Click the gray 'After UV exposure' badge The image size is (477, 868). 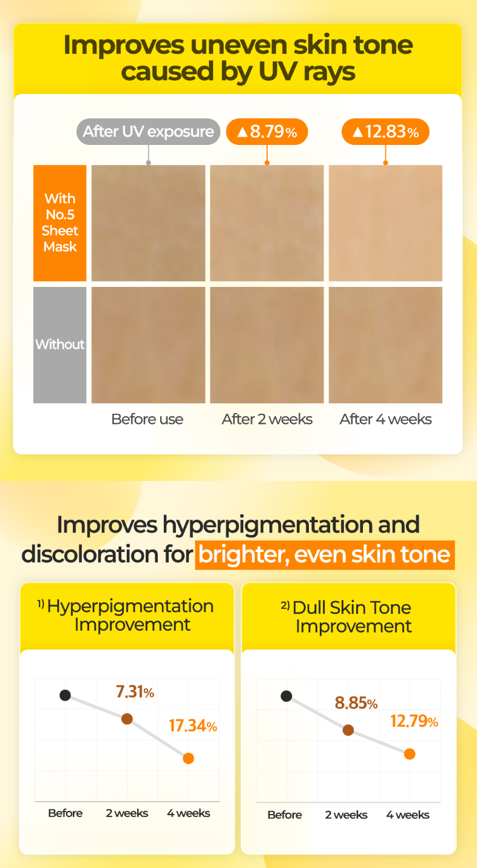click(148, 132)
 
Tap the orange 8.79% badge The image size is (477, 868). click(267, 132)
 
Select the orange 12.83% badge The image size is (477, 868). click(385, 132)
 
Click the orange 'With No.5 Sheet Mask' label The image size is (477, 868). click(59, 223)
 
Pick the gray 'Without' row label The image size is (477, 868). click(59, 345)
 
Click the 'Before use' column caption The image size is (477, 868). click(147, 419)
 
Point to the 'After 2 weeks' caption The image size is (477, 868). click(267, 419)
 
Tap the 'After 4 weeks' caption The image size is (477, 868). click(385, 419)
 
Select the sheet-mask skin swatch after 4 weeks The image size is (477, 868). click(385, 223)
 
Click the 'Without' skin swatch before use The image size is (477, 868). click(148, 345)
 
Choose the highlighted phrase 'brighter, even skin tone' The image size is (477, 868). click(325, 555)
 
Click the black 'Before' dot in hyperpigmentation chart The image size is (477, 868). click(65, 695)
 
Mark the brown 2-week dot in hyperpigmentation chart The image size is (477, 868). click(127, 719)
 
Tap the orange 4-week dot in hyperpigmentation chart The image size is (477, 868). click(189, 758)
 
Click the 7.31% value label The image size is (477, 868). click(135, 691)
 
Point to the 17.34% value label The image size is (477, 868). click(193, 726)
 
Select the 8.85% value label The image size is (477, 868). click(356, 703)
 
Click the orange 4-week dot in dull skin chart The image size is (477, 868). click(410, 754)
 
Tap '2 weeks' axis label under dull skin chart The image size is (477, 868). click(346, 815)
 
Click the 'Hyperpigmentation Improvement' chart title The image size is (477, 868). click(130, 615)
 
